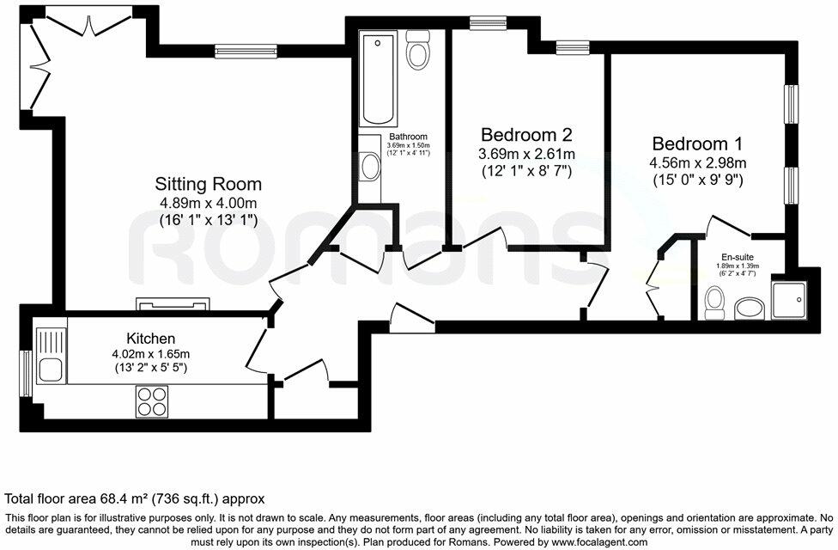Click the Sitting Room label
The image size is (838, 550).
click(x=209, y=184)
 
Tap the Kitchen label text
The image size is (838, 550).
click(x=151, y=339)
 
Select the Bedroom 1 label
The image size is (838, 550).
click(x=697, y=144)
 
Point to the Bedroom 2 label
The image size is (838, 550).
click(x=527, y=134)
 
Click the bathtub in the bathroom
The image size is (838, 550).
click(x=379, y=78)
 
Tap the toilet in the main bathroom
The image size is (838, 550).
click(x=418, y=49)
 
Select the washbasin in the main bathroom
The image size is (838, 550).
click(x=369, y=167)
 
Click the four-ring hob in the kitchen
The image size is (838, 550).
click(x=152, y=401)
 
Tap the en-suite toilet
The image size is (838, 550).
click(x=714, y=302)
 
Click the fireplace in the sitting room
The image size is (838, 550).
click(x=173, y=304)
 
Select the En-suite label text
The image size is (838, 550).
click(x=738, y=257)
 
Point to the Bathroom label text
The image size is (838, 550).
click(x=409, y=137)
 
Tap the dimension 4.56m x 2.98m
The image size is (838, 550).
click(x=698, y=162)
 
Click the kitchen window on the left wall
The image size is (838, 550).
click(x=25, y=374)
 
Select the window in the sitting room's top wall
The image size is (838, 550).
click(x=246, y=52)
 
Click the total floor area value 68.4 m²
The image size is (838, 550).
click(x=124, y=499)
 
